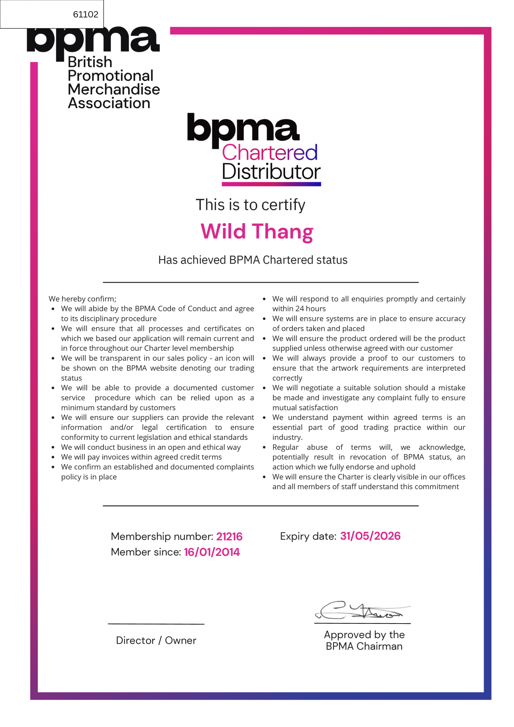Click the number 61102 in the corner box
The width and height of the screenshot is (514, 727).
[x=85, y=14]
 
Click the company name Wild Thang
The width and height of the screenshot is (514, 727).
[x=257, y=231]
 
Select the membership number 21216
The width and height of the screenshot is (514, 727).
[x=229, y=536]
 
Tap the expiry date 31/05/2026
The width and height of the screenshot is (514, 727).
[x=370, y=536]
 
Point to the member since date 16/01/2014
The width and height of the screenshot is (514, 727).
[x=212, y=552]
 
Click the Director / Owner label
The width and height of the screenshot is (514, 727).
[x=156, y=640]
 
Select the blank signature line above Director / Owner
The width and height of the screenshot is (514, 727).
[x=156, y=624]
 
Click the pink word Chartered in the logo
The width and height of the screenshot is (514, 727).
[x=269, y=153]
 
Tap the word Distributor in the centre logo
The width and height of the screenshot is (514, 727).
[x=271, y=171]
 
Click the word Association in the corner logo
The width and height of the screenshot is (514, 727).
[x=109, y=103]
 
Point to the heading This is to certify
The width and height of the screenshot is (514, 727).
[x=250, y=205]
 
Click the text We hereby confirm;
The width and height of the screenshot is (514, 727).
[x=82, y=299]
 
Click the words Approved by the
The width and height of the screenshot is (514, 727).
[x=364, y=634]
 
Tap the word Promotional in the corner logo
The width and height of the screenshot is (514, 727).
[x=111, y=76]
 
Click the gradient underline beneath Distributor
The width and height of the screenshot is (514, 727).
[x=271, y=184]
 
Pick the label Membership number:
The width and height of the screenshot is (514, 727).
[x=162, y=536]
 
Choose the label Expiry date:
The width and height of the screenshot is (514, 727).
[x=308, y=536]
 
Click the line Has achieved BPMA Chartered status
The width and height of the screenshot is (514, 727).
[x=253, y=260]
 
